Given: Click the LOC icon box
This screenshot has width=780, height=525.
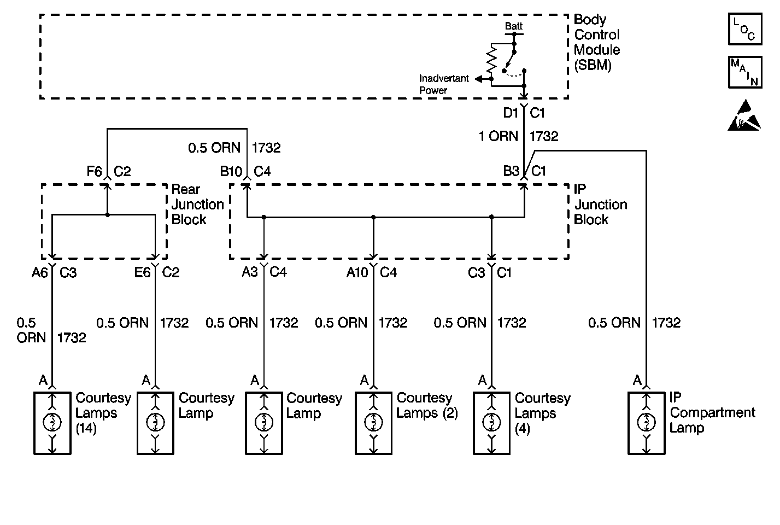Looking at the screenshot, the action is tap(745, 30).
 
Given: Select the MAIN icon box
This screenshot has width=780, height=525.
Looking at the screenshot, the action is tap(745, 72).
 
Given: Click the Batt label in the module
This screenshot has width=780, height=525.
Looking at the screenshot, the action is tap(514, 26).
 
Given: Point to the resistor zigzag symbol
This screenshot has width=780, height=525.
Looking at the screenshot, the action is tap(491, 60).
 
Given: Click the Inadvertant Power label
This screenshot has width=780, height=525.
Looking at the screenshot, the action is tap(444, 84).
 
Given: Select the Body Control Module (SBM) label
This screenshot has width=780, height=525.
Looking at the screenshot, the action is tap(596, 42).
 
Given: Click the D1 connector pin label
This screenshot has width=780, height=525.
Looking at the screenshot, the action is tap(511, 113).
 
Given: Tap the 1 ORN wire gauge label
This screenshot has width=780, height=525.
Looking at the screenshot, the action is tap(499, 136).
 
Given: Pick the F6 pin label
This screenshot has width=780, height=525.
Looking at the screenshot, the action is tap(94, 171).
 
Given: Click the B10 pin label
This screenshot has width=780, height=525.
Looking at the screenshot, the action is tap(231, 171).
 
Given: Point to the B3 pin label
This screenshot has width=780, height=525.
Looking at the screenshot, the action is tap(511, 171).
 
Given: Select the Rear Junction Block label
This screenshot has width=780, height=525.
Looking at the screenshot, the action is tap(197, 205).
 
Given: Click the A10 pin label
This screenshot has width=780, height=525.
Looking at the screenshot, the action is tap(357, 272).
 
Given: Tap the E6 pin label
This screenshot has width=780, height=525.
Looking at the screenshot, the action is tap(142, 272).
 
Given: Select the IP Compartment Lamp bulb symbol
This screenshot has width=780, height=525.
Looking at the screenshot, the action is tap(646, 422).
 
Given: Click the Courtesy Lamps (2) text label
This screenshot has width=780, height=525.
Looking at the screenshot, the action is tap(427, 405).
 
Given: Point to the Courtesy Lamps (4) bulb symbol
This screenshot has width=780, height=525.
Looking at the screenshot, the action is tap(491, 422).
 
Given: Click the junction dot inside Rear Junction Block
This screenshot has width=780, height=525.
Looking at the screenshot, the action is tap(108, 214).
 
